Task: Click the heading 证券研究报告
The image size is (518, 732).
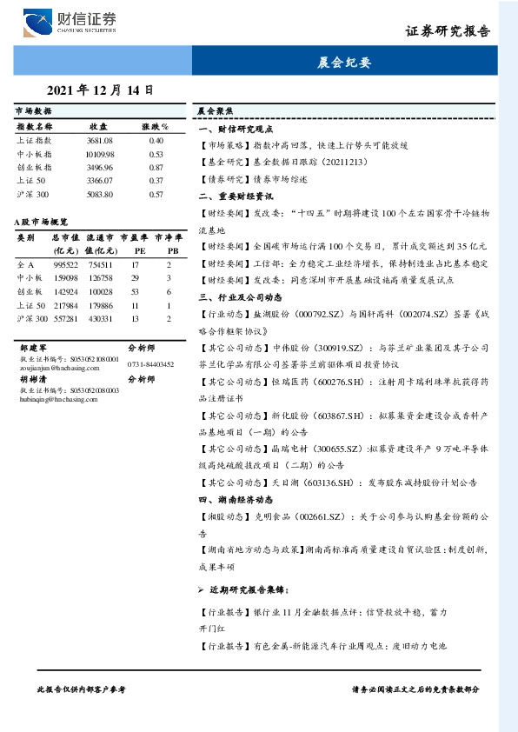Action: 448,30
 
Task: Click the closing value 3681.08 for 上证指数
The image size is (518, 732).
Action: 100,140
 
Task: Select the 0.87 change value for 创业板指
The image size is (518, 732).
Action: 156,167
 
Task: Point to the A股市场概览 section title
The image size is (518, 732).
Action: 41,223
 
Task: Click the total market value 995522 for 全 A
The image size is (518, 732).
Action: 66,264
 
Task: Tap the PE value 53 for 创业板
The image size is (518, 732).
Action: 136,292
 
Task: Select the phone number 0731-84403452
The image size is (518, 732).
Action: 150,364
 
